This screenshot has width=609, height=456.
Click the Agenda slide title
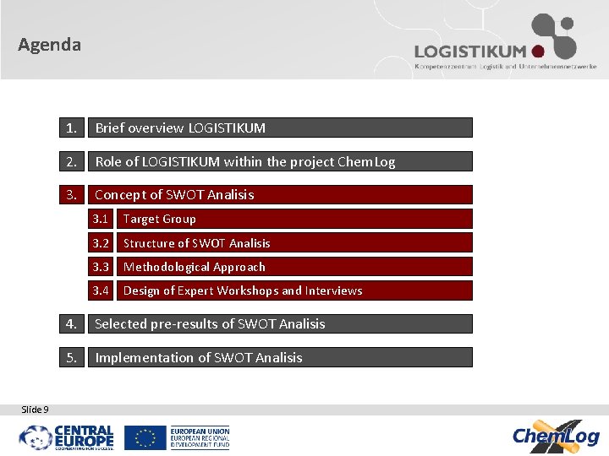[50, 45]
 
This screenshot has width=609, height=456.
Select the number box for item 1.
[74, 128]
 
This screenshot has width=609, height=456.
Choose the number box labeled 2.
[74, 161]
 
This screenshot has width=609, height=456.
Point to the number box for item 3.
[74, 195]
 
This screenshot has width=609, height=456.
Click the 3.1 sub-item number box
[101, 219]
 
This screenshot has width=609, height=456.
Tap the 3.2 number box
[101, 243]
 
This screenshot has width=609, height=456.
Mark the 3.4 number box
[101, 290]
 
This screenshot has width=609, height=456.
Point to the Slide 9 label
[35, 410]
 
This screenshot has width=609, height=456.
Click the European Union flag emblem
[145, 437]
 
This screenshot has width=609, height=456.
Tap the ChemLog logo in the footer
[556, 436]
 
